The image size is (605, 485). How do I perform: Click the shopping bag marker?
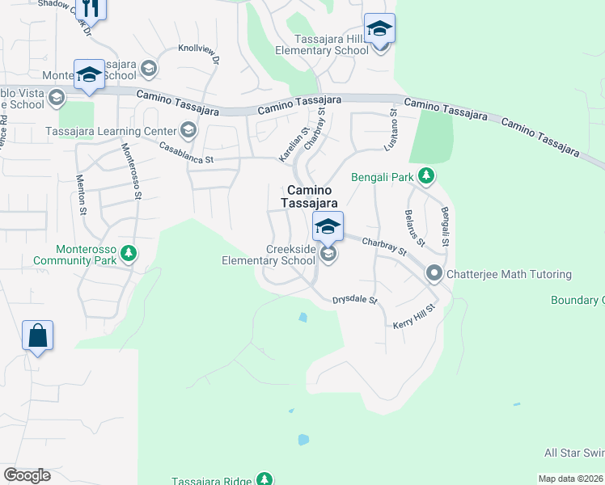[x=38, y=335]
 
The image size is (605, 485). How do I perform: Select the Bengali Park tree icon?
[x=426, y=176]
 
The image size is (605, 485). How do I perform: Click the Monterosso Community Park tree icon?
[x=127, y=255]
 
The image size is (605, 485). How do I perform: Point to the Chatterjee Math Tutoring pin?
[x=434, y=274]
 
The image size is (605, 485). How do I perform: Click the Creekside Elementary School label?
[x=269, y=255]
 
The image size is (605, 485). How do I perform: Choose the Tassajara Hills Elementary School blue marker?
[x=379, y=29]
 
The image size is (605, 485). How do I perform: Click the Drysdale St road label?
[x=355, y=301]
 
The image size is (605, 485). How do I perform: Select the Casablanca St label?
[x=186, y=154]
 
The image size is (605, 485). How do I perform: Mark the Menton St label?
[x=82, y=195]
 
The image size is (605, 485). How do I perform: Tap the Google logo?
[x=27, y=475]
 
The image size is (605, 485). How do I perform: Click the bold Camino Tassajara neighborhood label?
[x=309, y=197]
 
